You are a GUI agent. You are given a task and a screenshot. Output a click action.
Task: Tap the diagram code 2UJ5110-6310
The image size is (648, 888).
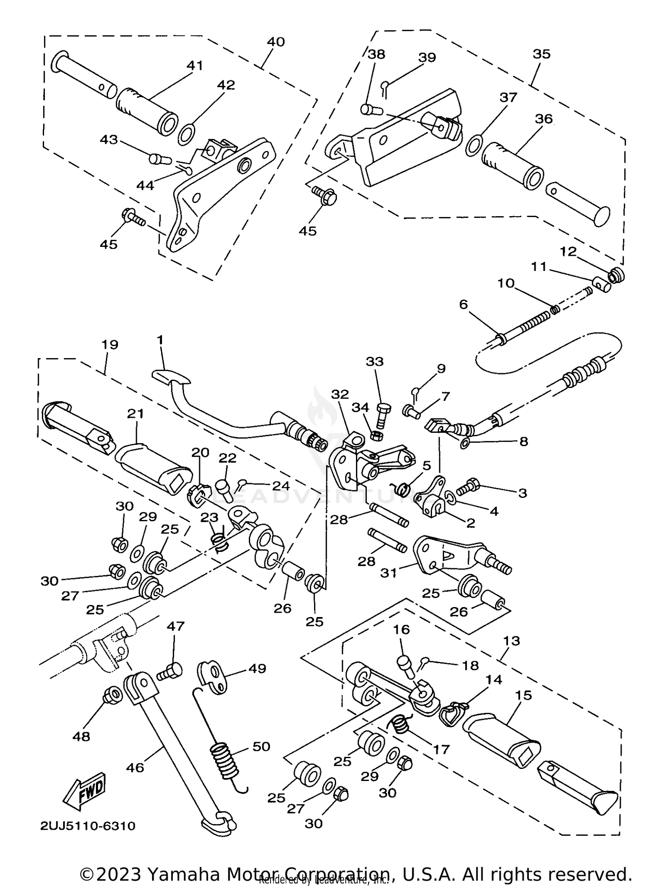[88, 826]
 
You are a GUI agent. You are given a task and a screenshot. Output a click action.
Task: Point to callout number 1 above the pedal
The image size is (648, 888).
[160, 340]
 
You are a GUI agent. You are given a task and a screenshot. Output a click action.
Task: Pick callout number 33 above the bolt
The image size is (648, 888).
[375, 361]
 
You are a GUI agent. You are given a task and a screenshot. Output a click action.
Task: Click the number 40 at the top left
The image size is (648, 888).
[276, 42]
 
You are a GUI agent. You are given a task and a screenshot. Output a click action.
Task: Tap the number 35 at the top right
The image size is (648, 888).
[542, 54]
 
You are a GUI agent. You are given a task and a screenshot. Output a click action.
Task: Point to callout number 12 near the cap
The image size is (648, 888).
[569, 251]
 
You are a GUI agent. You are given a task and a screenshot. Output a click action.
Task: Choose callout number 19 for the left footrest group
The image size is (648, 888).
[110, 345]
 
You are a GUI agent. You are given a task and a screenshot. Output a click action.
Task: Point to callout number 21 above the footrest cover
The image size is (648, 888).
[135, 413]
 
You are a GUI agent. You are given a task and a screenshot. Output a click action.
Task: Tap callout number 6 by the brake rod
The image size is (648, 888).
[463, 305]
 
